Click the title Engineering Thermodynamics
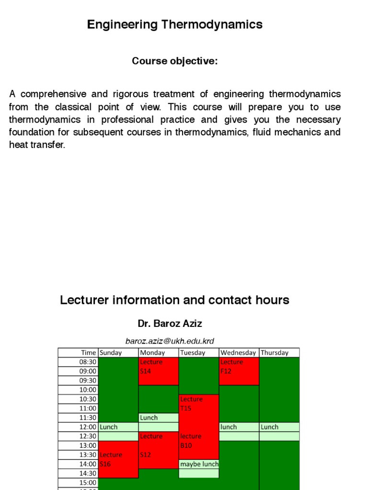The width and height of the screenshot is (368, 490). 174,24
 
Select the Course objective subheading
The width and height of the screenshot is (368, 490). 174,61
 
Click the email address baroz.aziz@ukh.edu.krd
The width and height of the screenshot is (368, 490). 170,341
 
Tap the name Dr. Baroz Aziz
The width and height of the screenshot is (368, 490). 170,323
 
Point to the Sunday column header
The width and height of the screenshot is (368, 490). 111,353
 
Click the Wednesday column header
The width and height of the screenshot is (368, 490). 238,353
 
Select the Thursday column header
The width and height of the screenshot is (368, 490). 275,353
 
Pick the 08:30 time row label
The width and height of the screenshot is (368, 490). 88,362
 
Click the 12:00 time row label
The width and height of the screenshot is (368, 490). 88,427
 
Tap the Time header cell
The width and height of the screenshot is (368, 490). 89,353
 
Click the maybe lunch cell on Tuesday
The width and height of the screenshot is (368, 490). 199,464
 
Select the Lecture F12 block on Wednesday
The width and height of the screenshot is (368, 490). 239,371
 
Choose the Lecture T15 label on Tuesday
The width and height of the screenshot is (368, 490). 192,403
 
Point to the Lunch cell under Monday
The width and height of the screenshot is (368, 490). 149,418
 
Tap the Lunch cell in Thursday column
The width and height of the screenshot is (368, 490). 270,427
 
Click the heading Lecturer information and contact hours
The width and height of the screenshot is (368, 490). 174,300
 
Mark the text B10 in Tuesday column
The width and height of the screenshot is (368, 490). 186,445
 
